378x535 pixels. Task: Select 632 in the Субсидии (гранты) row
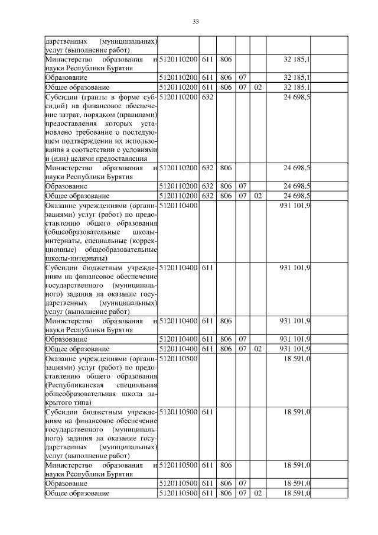(207, 97)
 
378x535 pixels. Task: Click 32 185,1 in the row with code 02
(298, 87)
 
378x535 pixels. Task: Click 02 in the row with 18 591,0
(257, 493)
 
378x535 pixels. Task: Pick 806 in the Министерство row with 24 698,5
(225, 168)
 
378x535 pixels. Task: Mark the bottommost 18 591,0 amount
(298, 493)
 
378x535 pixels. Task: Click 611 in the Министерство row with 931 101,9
(207, 320)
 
